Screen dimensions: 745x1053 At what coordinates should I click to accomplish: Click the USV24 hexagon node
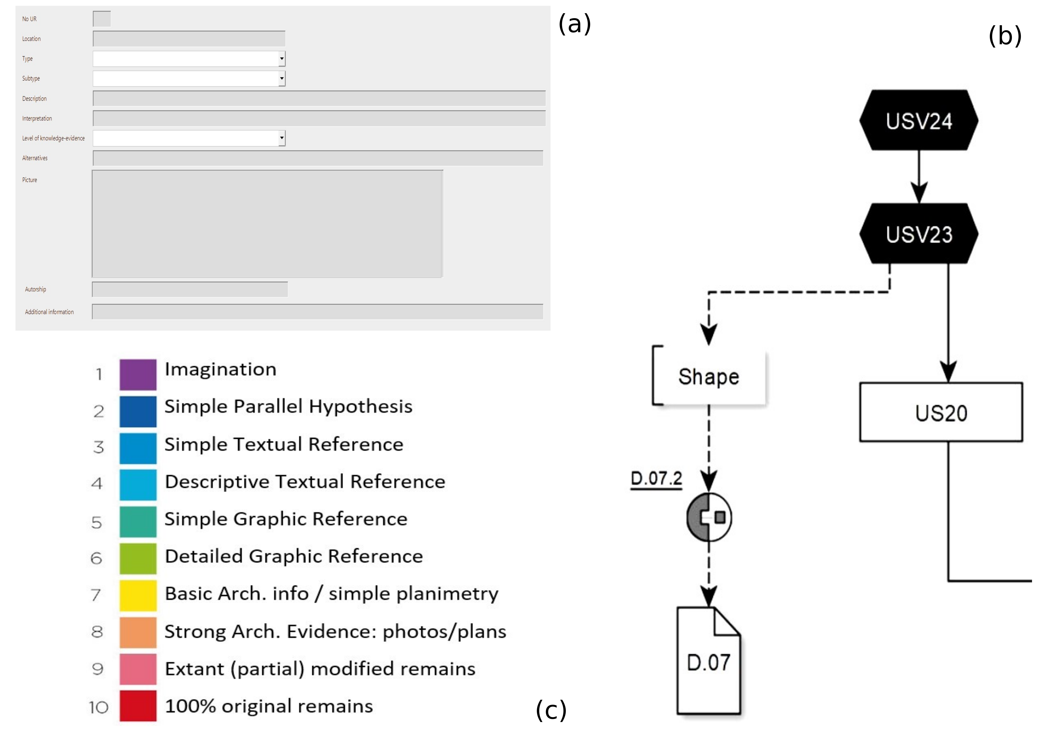point(919,120)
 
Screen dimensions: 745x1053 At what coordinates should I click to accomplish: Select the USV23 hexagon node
point(919,234)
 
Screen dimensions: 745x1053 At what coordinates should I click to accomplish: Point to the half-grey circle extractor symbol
point(709,517)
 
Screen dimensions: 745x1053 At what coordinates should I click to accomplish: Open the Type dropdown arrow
point(282,59)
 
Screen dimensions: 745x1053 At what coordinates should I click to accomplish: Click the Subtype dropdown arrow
point(282,79)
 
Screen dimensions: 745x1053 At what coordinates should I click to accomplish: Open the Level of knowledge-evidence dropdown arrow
point(282,138)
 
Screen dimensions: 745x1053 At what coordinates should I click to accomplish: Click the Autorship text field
point(190,289)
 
